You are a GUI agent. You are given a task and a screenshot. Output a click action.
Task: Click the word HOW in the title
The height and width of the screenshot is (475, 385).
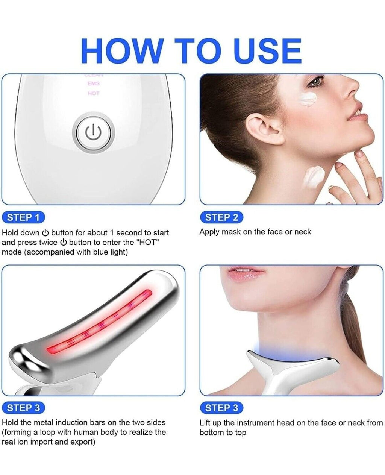(121, 51)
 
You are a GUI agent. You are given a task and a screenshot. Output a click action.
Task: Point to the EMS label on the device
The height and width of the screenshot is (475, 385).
(93, 84)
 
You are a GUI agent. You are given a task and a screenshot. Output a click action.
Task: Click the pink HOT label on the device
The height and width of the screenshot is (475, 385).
(93, 93)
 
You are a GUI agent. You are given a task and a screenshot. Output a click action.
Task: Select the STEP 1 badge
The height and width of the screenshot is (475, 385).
(23, 217)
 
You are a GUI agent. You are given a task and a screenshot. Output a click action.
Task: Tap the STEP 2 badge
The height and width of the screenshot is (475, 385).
(221, 217)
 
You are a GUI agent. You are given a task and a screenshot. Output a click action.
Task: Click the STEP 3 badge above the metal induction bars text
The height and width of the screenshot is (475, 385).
(23, 408)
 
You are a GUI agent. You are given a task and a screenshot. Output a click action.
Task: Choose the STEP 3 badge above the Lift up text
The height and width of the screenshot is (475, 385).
(221, 408)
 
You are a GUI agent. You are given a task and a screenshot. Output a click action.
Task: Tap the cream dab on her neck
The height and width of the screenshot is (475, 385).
(314, 175)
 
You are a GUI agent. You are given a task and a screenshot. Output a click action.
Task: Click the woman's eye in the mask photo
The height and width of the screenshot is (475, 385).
(318, 80)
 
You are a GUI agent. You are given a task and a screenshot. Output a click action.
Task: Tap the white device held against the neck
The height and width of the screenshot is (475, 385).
(286, 369)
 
